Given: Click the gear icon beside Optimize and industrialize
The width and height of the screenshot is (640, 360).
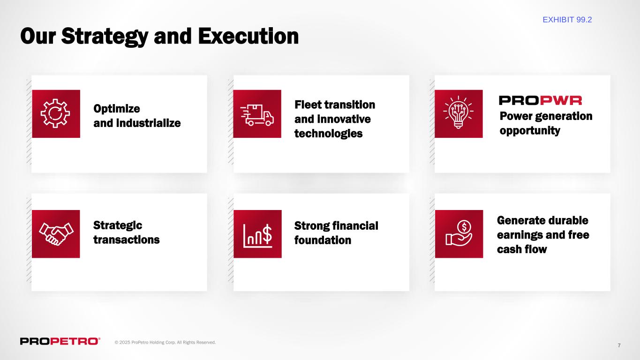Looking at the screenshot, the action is point(55,113).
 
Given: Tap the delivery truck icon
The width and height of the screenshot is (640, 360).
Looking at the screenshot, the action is point(257,115).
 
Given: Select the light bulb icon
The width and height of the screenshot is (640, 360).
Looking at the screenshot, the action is point(458,112).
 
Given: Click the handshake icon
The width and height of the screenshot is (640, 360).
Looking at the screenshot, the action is point(56,234).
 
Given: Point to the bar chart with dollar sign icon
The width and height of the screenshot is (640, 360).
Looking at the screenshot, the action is point(257,236).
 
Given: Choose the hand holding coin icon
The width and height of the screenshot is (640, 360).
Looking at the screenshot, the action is point(459,233).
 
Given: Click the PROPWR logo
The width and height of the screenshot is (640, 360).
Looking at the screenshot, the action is point(540,101).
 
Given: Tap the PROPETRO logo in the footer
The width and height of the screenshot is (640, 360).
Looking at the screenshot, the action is point(60,341).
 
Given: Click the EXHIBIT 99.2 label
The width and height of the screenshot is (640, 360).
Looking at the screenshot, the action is point(567,20).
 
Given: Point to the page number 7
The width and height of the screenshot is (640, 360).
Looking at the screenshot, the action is point(619,345).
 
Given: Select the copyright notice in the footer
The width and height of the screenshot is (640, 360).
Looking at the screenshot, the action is point(165,342).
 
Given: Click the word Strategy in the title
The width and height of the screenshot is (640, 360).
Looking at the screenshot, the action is point(105,37).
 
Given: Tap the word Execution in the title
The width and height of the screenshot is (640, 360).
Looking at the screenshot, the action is point(248,36).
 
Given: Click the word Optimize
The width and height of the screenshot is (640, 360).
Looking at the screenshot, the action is point(117,109).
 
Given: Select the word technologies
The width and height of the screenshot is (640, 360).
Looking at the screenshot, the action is point(328,134).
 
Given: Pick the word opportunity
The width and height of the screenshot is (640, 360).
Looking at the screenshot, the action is point(530,131).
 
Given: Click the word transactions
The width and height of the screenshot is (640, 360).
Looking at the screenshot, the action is point(126,240).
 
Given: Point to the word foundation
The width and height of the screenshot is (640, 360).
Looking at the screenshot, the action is point(323,240).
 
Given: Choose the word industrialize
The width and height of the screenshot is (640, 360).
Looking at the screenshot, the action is point(149,123).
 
